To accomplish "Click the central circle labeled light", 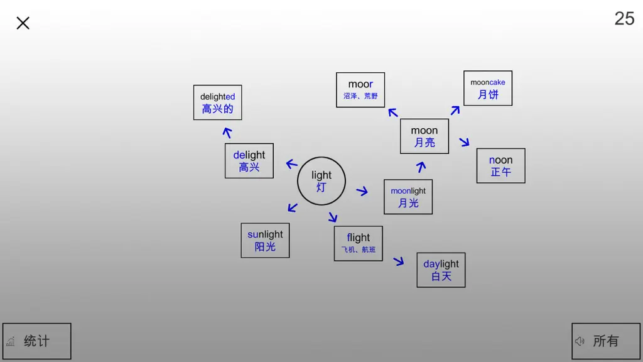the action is (x=321, y=181).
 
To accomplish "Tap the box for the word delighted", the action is (x=218, y=102).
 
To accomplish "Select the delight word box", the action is (x=249, y=161).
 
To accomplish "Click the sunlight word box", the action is (x=266, y=241).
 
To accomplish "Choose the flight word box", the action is (x=359, y=243).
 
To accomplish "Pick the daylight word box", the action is (x=441, y=270).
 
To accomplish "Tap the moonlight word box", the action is (x=408, y=197).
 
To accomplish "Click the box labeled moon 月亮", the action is (x=424, y=136).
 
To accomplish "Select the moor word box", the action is (x=360, y=90).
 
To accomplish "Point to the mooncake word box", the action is (x=488, y=88).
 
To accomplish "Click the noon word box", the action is (x=501, y=166).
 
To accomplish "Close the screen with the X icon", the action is (x=23, y=23).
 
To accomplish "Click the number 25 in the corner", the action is (x=625, y=18).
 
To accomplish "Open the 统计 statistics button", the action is (x=37, y=341).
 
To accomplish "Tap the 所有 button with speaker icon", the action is (x=606, y=341).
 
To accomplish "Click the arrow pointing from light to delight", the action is (x=291, y=164).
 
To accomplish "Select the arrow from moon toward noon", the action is (x=464, y=142).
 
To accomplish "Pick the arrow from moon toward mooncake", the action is (x=455, y=110).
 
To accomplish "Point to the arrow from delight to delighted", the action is (x=227, y=132).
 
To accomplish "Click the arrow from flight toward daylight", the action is (x=399, y=261).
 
